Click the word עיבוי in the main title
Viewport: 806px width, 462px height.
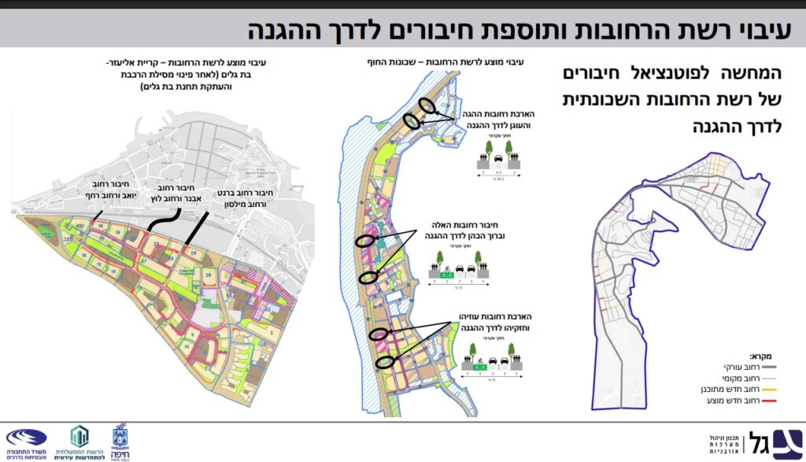pyautogui.click(x=767, y=31)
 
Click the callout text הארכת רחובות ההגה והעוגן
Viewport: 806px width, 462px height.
pyautogui.click(x=487, y=120)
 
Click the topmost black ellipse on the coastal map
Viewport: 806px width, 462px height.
pyautogui.click(x=426, y=105)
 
